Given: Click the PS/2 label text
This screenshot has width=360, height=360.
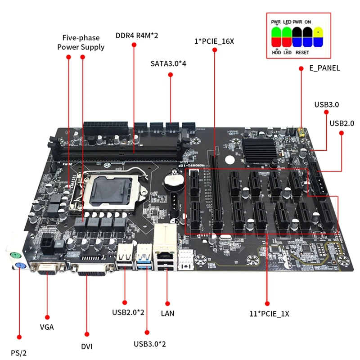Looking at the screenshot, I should pyautogui.click(x=19, y=352).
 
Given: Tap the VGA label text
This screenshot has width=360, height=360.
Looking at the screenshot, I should pyautogui.click(x=47, y=327).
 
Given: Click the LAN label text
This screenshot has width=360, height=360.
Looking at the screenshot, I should pyautogui.click(x=167, y=313).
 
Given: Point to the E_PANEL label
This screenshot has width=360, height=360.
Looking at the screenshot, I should pyautogui.click(x=324, y=68).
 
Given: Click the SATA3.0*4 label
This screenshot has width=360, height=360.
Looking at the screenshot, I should pyautogui.click(x=168, y=63).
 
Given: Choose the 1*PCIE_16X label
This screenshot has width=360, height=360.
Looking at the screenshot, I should pyautogui.click(x=215, y=42).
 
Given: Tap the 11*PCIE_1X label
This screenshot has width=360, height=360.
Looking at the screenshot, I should pyautogui.click(x=269, y=314).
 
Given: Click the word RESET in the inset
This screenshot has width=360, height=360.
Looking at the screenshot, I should pyautogui.click(x=302, y=53).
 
